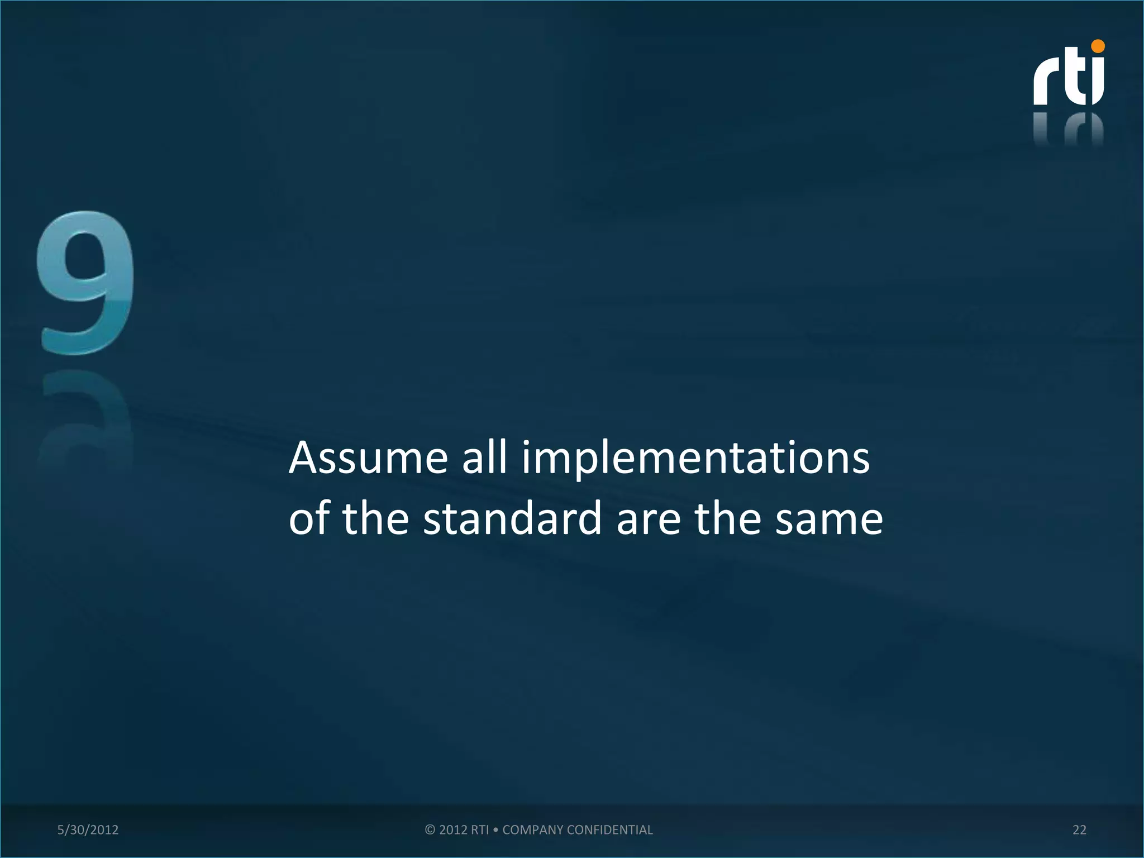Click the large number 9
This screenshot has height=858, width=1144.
(x=87, y=282)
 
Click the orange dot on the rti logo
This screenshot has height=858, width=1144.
(x=1098, y=46)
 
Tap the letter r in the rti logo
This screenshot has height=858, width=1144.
(x=1047, y=84)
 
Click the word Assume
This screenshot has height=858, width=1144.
(x=368, y=458)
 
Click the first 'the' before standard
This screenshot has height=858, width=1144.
(x=375, y=518)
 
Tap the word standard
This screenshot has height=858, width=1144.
(x=512, y=518)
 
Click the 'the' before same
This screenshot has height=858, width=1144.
(x=728, y=518)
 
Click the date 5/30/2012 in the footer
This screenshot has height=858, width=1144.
(x=88, y=830)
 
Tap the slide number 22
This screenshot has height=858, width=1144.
(x=1079, y=830)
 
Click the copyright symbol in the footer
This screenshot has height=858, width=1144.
(x=430, y=830)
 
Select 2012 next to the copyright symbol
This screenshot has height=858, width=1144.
(x=453, y=830)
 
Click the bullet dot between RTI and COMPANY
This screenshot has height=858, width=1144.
(x=495, y=830)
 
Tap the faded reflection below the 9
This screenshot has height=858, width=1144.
(x=87, y=419)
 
